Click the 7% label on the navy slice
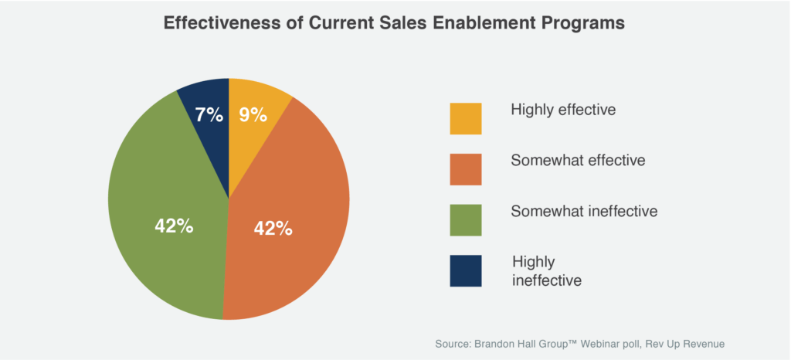coord(209,116)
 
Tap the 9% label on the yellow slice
coord(253,116)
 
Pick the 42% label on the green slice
coord(174,227)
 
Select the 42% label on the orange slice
coord(273,229)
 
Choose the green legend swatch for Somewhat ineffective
coord(466,220)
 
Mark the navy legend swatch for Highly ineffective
coord(466,270)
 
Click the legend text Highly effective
coord(563,110)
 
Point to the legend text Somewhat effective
coord(578,161)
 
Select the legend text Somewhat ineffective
coord(584,211)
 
